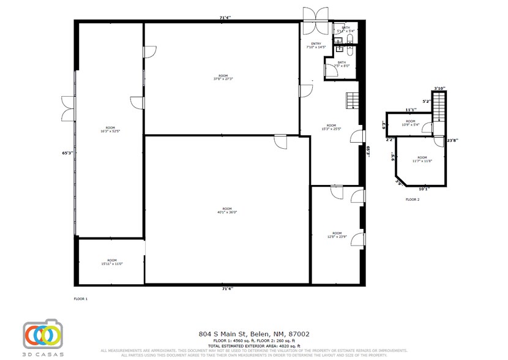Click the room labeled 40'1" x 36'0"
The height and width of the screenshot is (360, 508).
point(226,211)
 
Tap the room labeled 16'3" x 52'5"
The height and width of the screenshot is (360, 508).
point(110,129)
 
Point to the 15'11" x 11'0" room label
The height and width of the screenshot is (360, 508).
point(112,262)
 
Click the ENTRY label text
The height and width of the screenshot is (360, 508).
point(316,44)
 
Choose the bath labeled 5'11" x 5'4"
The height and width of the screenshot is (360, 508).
point(346,29)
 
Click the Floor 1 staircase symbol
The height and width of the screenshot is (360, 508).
point(351,100)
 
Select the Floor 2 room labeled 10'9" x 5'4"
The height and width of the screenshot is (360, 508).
point(411,123)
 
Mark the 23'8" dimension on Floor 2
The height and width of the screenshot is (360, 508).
point(452,140)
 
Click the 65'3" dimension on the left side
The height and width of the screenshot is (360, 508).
point(68,152)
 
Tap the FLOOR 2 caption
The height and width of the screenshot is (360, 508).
point(413,200)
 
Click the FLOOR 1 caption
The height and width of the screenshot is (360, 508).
point(81,299)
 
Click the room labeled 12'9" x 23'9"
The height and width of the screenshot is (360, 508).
point(337,234)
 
